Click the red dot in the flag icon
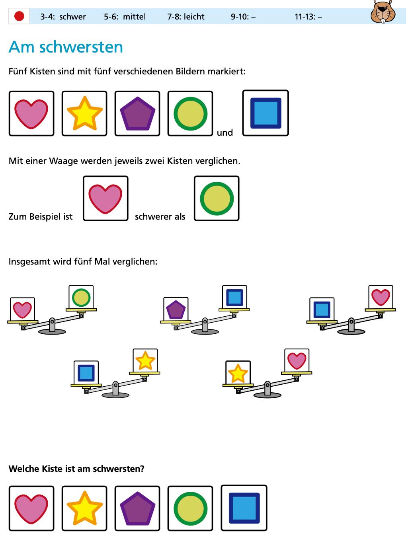pyautogui.click(x=19, y=16)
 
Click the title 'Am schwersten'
pyautogui.click(x=66, y=47)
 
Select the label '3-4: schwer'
pyautogui.click(x=63, y=17)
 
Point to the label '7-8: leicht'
pyautogui.click(x=186, y=17)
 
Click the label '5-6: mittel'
pyautogui.click(x=125, y=17)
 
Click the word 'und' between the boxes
pyautogui.click(x=225, y=132)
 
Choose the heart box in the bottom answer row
pyautogui.click(x=31, y=508)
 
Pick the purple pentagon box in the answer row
pyautogui.click(x=137, y=508)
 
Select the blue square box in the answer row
pyautogui.click(x=244, y=508)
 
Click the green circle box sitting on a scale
pyautogui.click(x=81, y=297)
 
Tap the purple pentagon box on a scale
pyautogui.click(x=176, y=309)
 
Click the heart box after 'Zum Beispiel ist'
pyautogui.click(x=105, y=198)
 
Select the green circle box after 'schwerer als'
pyautogui.click(x=217, y=198)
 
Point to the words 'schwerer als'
pyautogui.click(x=160, y=216)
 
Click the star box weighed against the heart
pyautogui.click(x=238, y=373)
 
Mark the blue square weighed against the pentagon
pyautogui.click(x=234, y=297)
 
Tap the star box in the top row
pyautogui.click(x=84, y=113)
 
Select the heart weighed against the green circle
pyautogui.click(x=22, y=309)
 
